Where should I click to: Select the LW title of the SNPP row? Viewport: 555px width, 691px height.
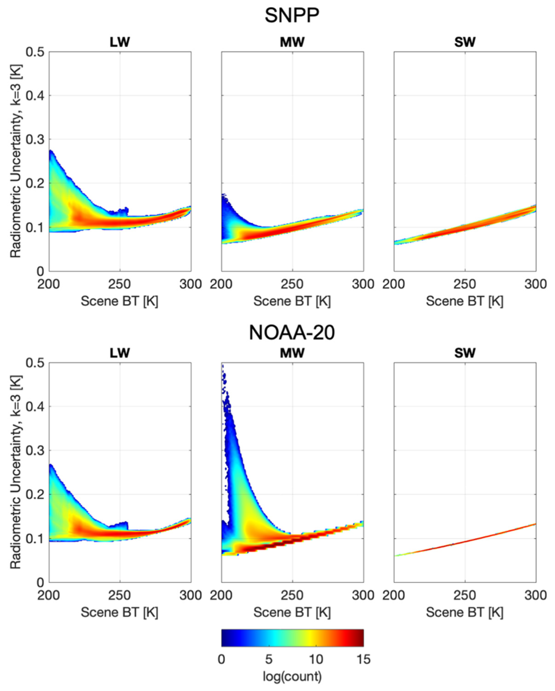coord(120,42)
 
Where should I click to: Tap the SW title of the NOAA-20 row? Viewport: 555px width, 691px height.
coord(465,353)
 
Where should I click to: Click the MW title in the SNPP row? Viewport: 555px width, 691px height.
coord(292,42)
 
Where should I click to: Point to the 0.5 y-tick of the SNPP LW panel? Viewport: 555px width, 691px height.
coord(35,52)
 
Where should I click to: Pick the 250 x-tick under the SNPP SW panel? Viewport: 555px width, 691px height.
coord(465,284)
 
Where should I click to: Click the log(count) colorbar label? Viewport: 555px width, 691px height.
coord(292,676)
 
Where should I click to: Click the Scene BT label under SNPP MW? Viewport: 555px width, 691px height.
coord(292,301)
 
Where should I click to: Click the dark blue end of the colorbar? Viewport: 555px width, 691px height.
coord(224,638)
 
